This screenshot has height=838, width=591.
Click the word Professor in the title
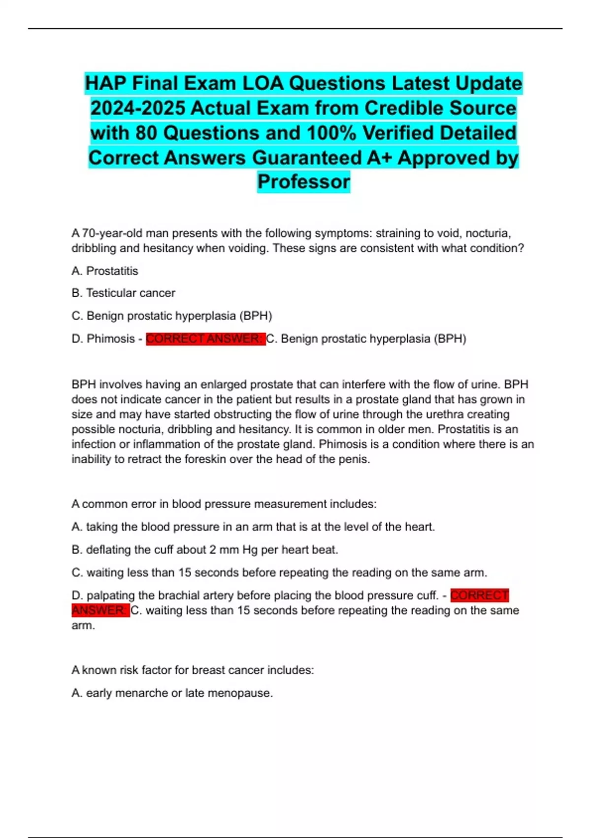pyautogui.click(x=303, y=182)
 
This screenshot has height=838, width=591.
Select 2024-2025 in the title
pyautogui.click(x=138, y=108)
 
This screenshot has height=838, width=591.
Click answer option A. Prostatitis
pyautogui.click(x=105, y=271)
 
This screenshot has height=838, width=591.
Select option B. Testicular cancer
pyautogui.click(x=123, y=293)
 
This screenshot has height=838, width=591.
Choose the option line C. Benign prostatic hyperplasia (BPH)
pyautogui.click(x=171, y=315)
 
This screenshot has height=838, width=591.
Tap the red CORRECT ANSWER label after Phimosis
pyautogui.click(x=205, y=339)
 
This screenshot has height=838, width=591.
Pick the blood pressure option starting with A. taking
pyautogui.click(x=253, y=527)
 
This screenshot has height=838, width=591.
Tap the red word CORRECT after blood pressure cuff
pyautogui.click(x=479, y=595)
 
